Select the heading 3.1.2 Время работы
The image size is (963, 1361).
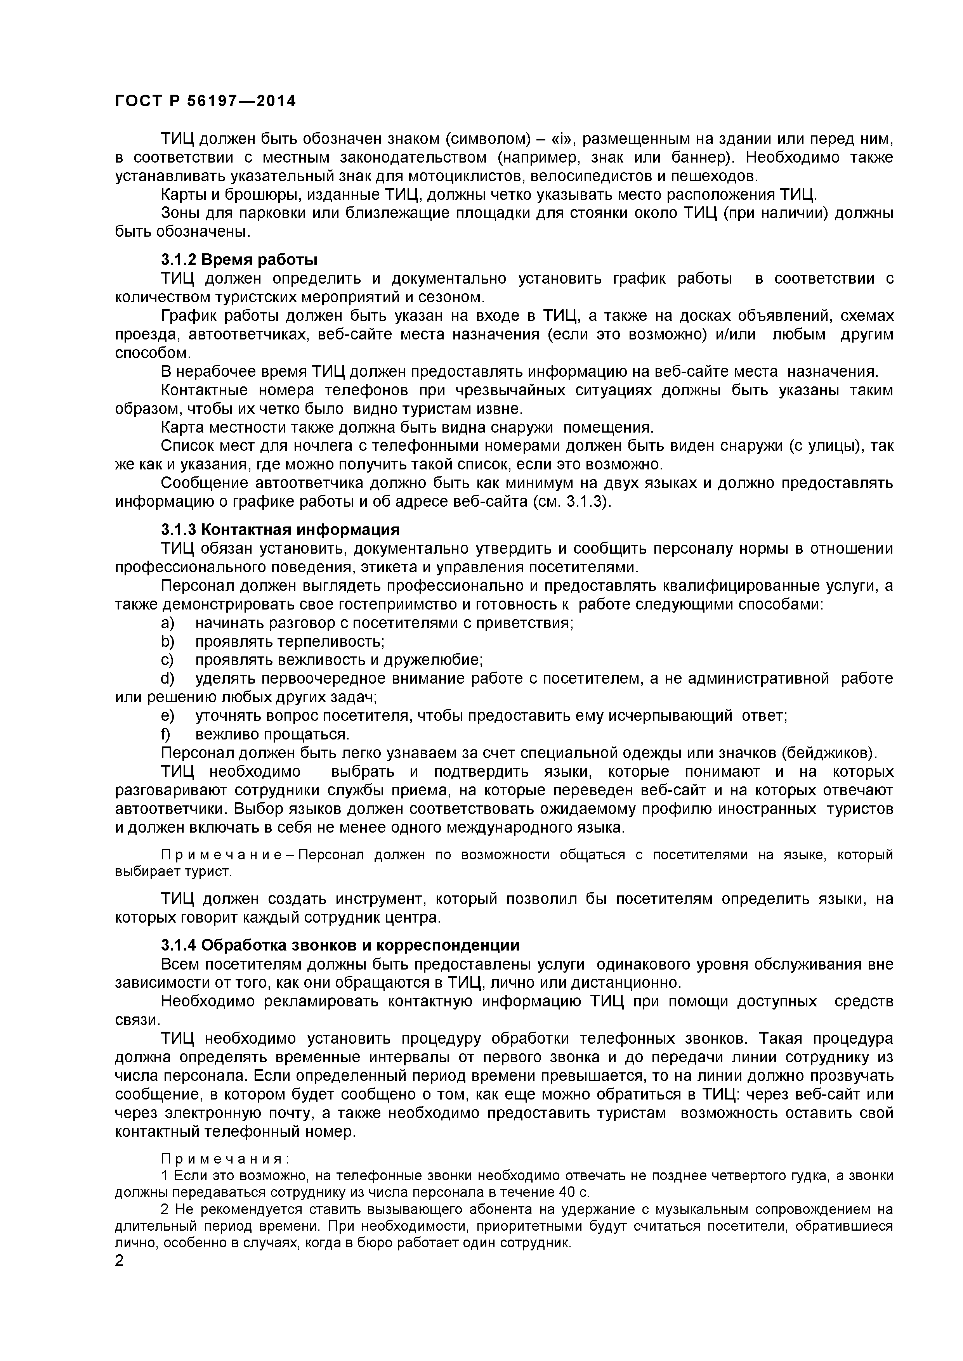239,260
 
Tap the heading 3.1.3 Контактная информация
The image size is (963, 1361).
280,529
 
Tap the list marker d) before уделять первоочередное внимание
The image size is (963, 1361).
167,678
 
